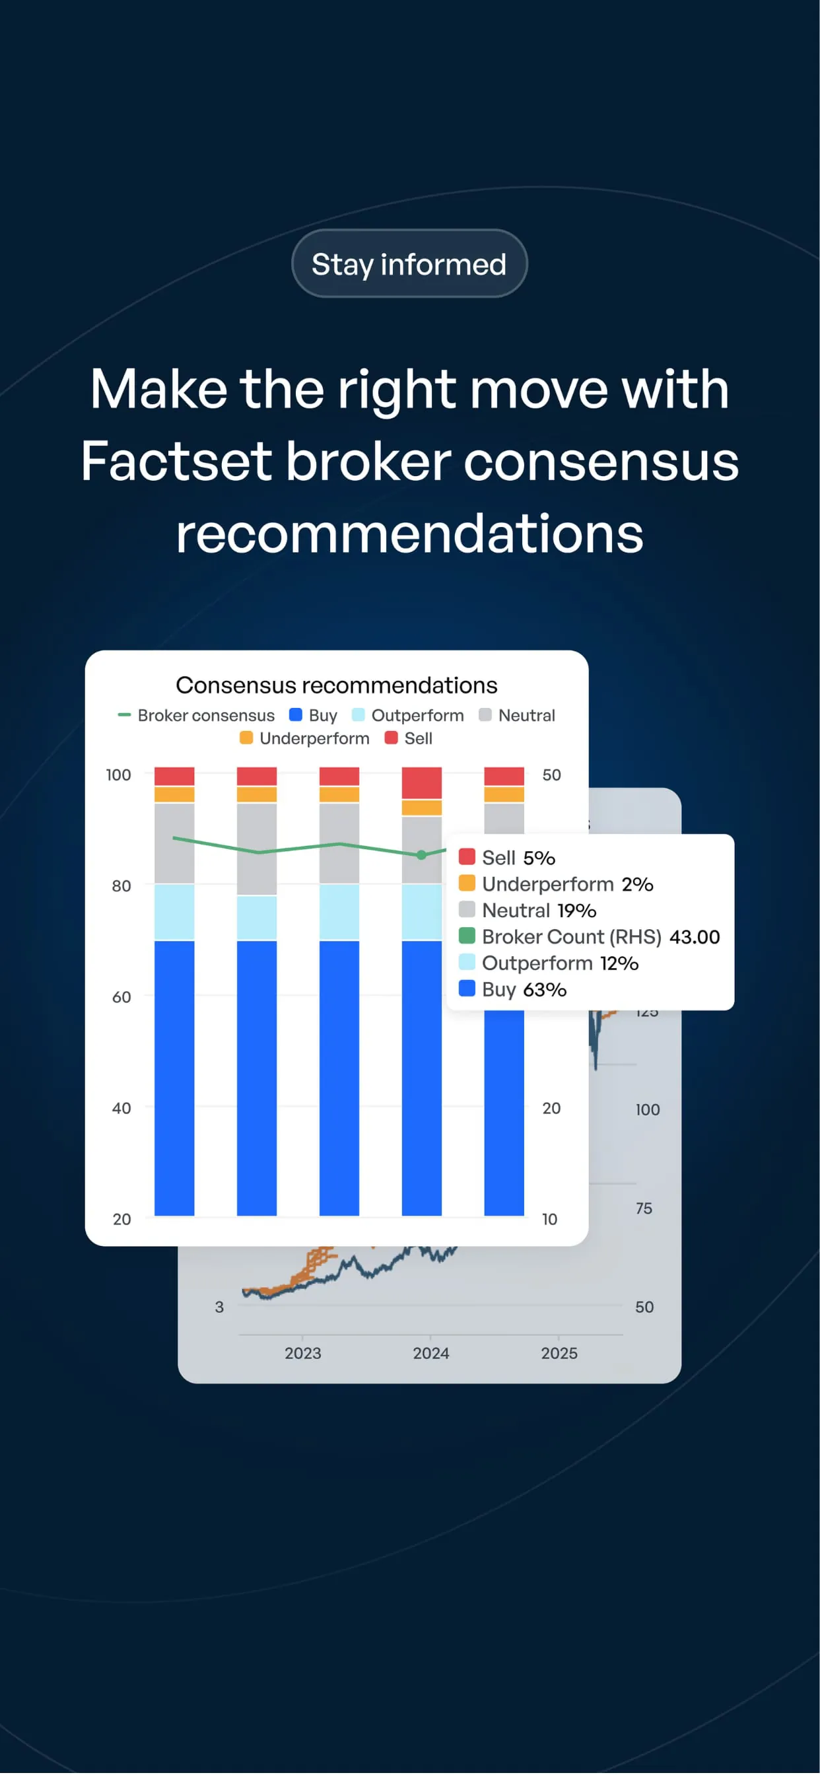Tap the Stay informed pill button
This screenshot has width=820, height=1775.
409,263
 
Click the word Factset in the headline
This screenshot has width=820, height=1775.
176,461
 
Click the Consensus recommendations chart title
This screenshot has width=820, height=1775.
336,685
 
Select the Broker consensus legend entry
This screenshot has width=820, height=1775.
196,715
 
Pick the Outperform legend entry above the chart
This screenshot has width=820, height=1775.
408,715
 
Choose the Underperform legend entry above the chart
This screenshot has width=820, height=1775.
304,739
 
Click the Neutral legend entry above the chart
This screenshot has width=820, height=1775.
517,715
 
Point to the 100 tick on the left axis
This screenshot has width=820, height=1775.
119,775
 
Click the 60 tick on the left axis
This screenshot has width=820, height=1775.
121,997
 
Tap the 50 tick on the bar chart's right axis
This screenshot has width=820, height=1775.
551,775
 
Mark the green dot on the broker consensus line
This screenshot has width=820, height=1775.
422,855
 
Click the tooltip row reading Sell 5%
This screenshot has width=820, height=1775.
507,857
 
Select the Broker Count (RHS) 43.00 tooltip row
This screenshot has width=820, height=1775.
589,936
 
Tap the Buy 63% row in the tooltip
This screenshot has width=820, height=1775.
513,989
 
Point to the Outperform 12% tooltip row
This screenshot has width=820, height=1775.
549,963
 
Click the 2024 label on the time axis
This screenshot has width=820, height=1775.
430,1353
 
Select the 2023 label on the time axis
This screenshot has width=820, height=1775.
302,1353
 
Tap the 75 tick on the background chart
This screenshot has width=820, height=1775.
644,1208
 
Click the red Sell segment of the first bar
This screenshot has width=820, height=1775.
174,777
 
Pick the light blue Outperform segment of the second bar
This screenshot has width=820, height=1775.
257,918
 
